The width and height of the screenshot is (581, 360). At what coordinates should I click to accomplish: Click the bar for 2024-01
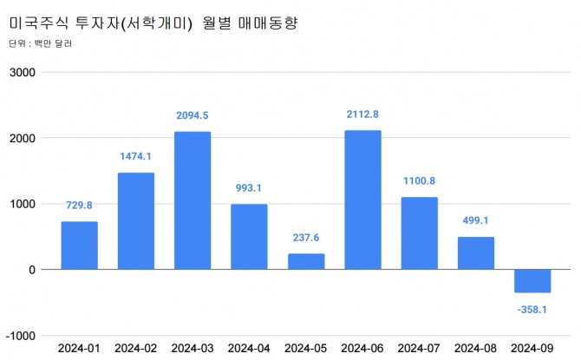coord(79,245)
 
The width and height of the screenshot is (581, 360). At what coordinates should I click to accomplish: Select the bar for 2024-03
coord(193,200)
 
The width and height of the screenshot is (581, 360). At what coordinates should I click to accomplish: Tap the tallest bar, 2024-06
coord(362,200)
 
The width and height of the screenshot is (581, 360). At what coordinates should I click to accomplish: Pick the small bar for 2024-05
coord(305,261)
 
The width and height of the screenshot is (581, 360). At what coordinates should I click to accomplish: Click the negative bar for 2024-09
coord(532,281)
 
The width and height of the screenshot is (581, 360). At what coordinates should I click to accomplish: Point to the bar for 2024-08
coord(475,252)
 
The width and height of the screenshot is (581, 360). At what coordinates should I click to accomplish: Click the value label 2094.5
coord(193,116)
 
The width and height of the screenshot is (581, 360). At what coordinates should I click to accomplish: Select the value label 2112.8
coord(362,115)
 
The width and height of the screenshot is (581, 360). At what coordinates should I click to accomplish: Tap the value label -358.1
coord(532,308)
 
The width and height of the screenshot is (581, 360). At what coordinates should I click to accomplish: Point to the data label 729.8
coord(79,206)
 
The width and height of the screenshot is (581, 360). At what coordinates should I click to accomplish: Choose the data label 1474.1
coord(136,157)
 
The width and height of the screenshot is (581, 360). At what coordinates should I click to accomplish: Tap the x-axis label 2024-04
coord(249,349)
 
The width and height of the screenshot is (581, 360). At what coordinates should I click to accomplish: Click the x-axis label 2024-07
coord(419,349)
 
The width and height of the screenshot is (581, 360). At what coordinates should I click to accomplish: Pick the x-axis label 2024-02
coord(136,349)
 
